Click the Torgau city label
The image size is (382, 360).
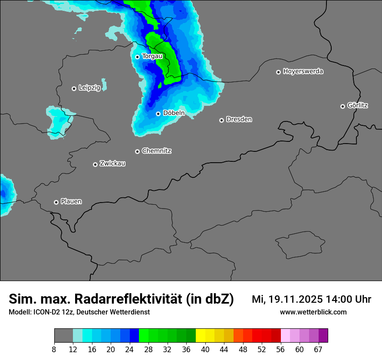[x=152, y=56]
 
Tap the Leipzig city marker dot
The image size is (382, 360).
[x=74, y=88]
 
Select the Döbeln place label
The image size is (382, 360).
[x=174, y=113]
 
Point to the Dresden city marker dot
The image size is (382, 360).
[x=221, y=120]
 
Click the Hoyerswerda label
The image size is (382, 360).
[x=303, y=72]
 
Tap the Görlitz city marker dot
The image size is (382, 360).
[x=342, y=106]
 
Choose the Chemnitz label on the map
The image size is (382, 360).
[x=157, y=151]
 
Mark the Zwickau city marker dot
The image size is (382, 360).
[x=95, y=164]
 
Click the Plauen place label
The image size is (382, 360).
[x=71, y=202]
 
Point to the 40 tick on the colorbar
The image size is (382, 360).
[x=205, y=349]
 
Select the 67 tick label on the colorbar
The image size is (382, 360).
[x=318, y=349]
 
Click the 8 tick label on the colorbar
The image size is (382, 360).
[x=54, y=349]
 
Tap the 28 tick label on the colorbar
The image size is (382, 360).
[x=148, y=349]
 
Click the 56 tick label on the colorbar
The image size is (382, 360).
[x=281, y=349]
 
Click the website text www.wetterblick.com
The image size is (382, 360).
[x=313, y=312]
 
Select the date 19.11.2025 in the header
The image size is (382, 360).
[x=295, y=299]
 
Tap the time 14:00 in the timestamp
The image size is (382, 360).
[x=339, y=299]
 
